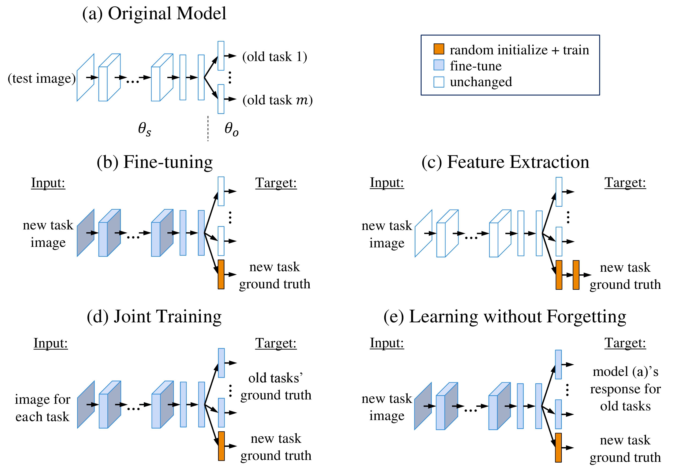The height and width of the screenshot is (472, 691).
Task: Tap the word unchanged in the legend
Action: [x=481, y=82]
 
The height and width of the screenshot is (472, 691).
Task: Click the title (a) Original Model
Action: [x=154, y=14]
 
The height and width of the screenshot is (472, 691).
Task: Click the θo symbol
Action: [x=231, y=129]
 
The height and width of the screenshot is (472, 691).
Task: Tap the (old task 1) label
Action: [x=275, y=56]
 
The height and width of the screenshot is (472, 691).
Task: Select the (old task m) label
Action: [x=277, y=100]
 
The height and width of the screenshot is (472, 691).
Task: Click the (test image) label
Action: [x=42, y=78]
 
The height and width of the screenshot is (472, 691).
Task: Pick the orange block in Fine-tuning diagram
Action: [x=221, y=274]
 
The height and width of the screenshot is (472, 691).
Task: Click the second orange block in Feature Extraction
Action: [x=576, y=275]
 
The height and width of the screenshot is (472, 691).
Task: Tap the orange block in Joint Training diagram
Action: [x=221, y=446]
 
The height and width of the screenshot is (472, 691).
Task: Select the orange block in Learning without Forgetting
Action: [x=558, y=448]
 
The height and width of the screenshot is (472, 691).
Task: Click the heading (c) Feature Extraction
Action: [x=505, y=162]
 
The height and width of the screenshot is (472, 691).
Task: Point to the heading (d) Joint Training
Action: [x=154, y=316]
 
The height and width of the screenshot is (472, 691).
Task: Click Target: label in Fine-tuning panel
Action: [x=276, y=183]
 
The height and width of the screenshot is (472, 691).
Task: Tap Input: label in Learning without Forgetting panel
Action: [x=387, y=343]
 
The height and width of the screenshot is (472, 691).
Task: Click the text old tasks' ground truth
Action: [x=276, y=386]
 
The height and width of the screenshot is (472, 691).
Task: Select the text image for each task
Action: [x=43, y=408]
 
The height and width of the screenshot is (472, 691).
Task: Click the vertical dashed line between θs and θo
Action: [x=208, y=129]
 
